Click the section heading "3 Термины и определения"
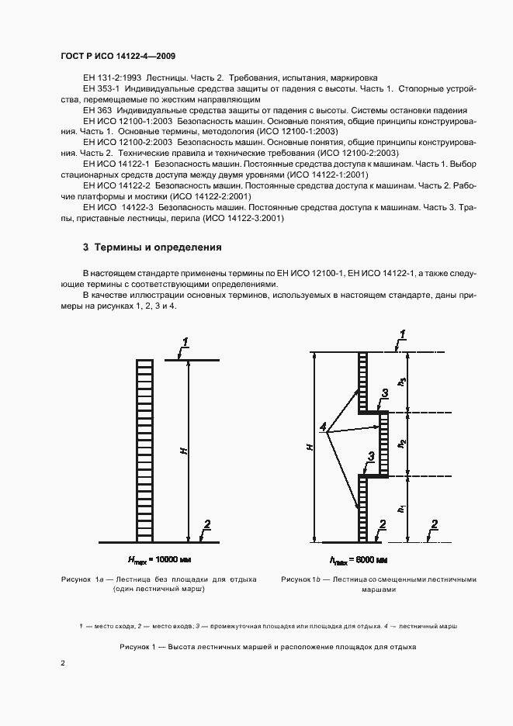click(x=152, y=248)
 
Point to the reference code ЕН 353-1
click(x=100, y=89)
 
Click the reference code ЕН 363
click(x=96, y=111)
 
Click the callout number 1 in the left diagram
click(x=185, y=343)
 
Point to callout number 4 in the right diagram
click(x=323, y=427)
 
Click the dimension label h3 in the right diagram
click(x=401, y=382)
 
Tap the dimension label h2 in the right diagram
click(x=401, y=443)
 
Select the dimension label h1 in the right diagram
click(x=401, y=508)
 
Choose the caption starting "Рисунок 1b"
click(x=379, y=584)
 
